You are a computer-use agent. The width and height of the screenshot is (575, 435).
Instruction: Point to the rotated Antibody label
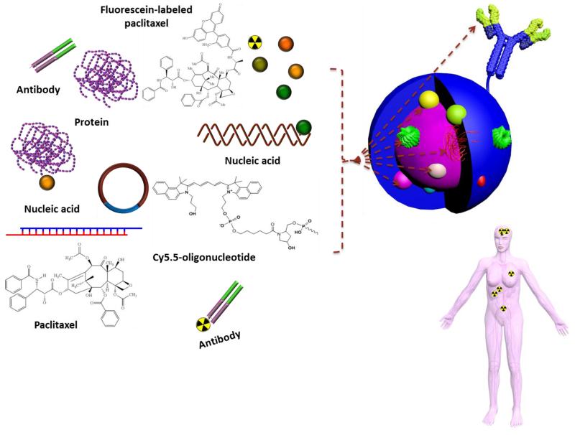coord(220,337)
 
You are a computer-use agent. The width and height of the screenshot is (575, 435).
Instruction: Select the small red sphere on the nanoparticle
coord(482,179)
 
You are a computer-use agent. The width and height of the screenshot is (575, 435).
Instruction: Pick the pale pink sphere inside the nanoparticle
coord(434,171)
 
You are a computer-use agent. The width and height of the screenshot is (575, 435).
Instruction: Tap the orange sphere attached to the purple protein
coord(47,183)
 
